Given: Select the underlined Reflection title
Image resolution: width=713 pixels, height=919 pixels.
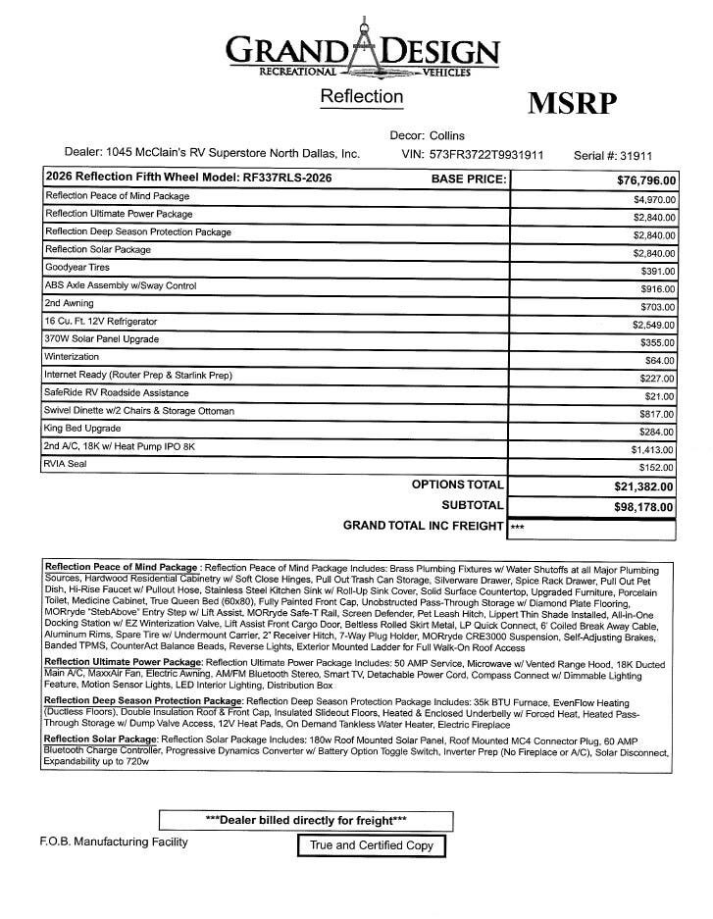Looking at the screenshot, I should pos(361,96).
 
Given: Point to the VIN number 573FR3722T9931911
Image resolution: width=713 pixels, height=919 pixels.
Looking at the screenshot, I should pos(486,154).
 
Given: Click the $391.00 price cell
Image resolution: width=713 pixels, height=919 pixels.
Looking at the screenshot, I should pos(657,271).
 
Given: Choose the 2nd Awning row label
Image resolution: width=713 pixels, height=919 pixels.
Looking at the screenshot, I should pos(70,303).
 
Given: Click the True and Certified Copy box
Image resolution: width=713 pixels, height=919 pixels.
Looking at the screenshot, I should pos(372,845).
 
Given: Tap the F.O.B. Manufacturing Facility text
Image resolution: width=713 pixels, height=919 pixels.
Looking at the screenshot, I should pos(114,842).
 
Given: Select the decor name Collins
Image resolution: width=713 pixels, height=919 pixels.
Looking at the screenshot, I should pos(447,135).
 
